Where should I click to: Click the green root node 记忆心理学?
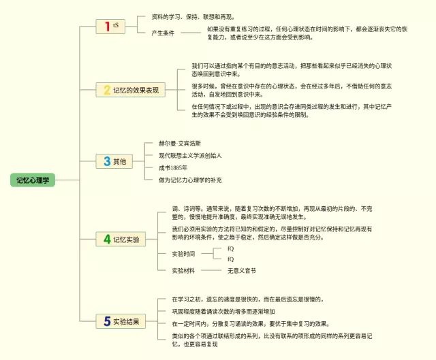pos(34,180)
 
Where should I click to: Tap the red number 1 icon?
pos(106,27)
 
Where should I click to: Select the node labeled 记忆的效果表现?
pos(136,90)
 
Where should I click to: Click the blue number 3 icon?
pos(106,161)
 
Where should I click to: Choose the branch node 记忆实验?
pos(126,240)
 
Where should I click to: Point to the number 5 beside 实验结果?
pos(106,321)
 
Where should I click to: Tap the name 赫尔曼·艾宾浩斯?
pos(181,144)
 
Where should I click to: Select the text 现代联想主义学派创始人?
pos(191,156)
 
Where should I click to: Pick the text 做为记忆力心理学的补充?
pos(190,180)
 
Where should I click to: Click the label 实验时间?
pos(183,254)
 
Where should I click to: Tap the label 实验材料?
pos(183,270)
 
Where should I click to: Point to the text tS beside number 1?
pos(116,25)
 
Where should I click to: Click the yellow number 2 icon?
pos(106,90)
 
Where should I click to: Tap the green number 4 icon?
pos(106,240)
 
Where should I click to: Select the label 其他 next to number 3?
pos(119,161)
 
